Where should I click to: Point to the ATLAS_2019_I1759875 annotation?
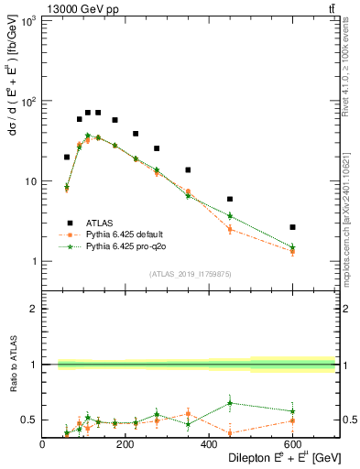[190, 273]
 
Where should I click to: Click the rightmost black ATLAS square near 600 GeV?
[292, 226]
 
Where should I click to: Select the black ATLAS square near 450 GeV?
[230, 199]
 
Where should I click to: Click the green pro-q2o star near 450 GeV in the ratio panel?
[230, 402]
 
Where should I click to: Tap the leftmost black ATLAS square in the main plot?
[67, 157]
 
